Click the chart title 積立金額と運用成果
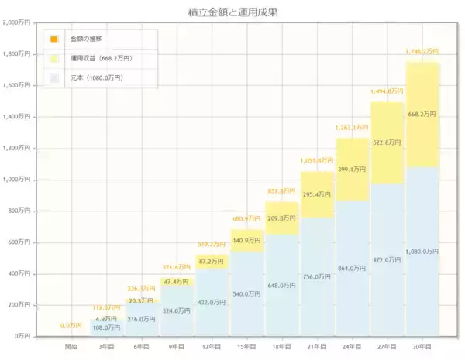(x=232, y=12)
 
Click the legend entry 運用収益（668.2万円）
(x=101, y=58)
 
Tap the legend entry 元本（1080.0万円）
(x=96, y=78)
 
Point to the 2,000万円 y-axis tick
(x=18, y=22)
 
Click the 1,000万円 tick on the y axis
(x=18, y=180)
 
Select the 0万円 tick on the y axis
(x=22, y=336)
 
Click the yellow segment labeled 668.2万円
(x=422, y=115)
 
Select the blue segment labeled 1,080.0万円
(x=422, y=251)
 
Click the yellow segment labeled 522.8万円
(x=387, y=142)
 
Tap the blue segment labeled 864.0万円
(x=352, y=268)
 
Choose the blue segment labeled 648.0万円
(x=282, y=285)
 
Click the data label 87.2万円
(x=212, y=262)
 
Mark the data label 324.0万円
(x=177, y=310)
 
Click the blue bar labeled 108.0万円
(x=107, y=327)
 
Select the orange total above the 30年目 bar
(x=422, y=52)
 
